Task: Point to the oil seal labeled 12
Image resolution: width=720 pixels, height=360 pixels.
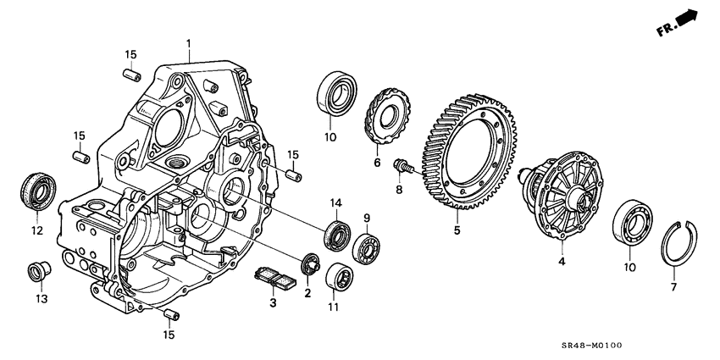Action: click(x=38, y=191)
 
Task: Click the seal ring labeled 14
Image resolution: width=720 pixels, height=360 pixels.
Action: click(x=337, y=235)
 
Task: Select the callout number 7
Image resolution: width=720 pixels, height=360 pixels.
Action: click(x=674, y=288)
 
